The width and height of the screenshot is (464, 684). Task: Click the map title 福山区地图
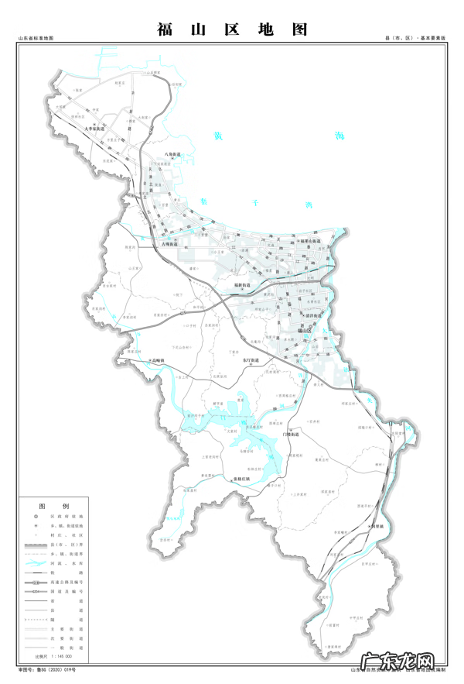(232, 29)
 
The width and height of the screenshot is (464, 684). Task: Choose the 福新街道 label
(243, 286)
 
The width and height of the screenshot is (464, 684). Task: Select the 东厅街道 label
(248, 362)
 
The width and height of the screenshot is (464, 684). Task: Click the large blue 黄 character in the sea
(220, 136)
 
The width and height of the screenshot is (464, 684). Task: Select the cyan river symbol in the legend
(35, 568)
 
